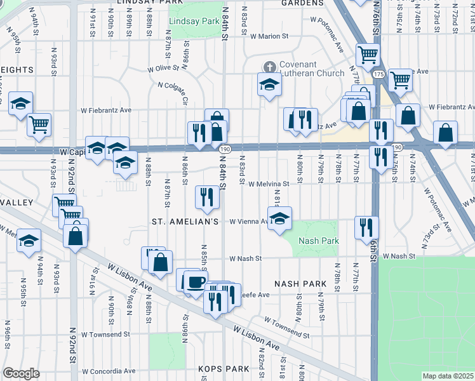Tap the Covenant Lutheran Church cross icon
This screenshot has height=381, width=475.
point(270,67)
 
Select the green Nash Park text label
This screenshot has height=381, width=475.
point(318,241)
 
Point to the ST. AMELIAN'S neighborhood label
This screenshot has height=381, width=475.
point(185,222)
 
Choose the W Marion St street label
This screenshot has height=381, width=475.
point(274,36)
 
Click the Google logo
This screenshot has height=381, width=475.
point(21,373)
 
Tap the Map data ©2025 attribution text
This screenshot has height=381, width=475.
point(448,376)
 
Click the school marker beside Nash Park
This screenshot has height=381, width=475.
point(279,219)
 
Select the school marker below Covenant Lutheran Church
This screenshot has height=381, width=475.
point(269,85)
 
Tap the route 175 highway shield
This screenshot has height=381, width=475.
point(378,75)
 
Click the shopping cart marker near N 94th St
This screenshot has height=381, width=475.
point(39,124)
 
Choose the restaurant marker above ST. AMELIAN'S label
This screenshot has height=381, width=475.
point(207,198)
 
